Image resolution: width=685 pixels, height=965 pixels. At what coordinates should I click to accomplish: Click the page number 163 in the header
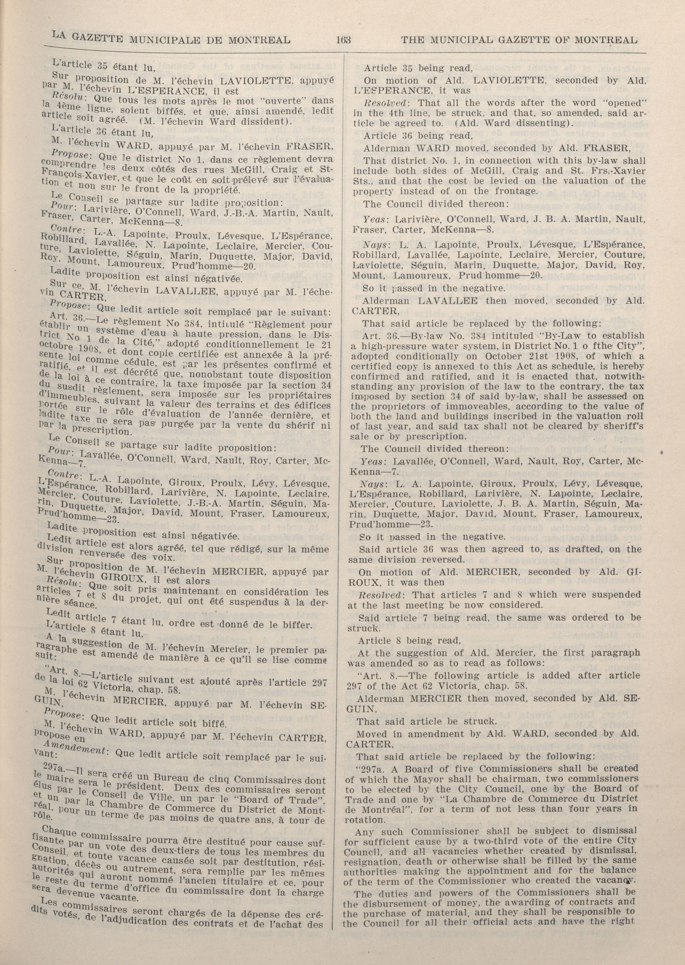pos(344,41)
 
